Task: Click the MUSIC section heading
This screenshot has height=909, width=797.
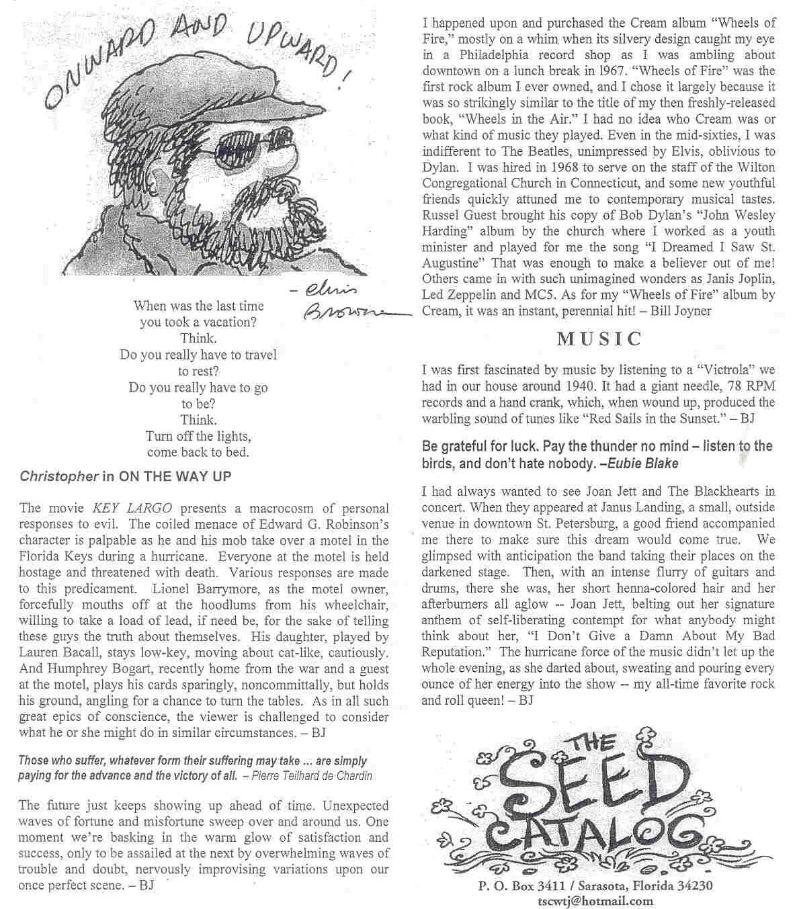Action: [599, 339]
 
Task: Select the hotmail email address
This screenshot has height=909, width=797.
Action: [594, 901]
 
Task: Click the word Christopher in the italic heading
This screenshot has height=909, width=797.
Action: [59, 477]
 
